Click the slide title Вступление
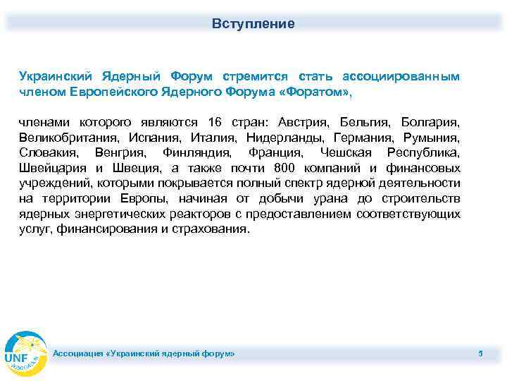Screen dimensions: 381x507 pos(254,24)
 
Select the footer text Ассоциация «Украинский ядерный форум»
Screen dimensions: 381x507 pos(145,352)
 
